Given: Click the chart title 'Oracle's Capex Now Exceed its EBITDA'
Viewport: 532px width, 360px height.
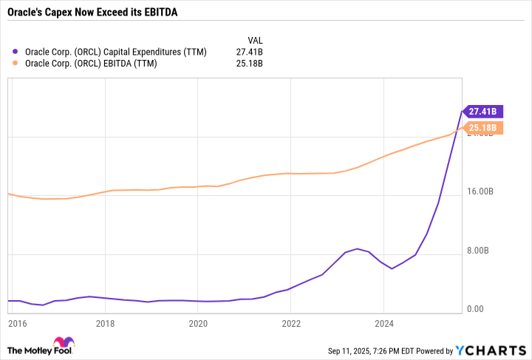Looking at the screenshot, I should (92, 13).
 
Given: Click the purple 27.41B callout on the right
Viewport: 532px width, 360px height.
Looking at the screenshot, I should (482, 112).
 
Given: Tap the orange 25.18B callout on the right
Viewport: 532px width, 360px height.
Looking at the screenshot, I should (482, 128).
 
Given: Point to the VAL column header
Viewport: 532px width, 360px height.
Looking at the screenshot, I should (254, 40).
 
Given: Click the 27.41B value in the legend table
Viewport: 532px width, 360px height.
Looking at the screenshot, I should (249, 52).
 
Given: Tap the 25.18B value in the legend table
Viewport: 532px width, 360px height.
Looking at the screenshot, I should (249, 64).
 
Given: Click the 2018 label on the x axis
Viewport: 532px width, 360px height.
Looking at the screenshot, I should (105, 323).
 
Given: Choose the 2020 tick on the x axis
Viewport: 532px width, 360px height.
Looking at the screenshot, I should (198, 323).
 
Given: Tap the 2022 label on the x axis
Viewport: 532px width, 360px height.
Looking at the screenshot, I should (291, 323).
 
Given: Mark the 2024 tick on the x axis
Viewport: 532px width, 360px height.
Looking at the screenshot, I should (383, 323).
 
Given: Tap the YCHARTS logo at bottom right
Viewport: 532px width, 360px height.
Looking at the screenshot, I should (491, 350).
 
